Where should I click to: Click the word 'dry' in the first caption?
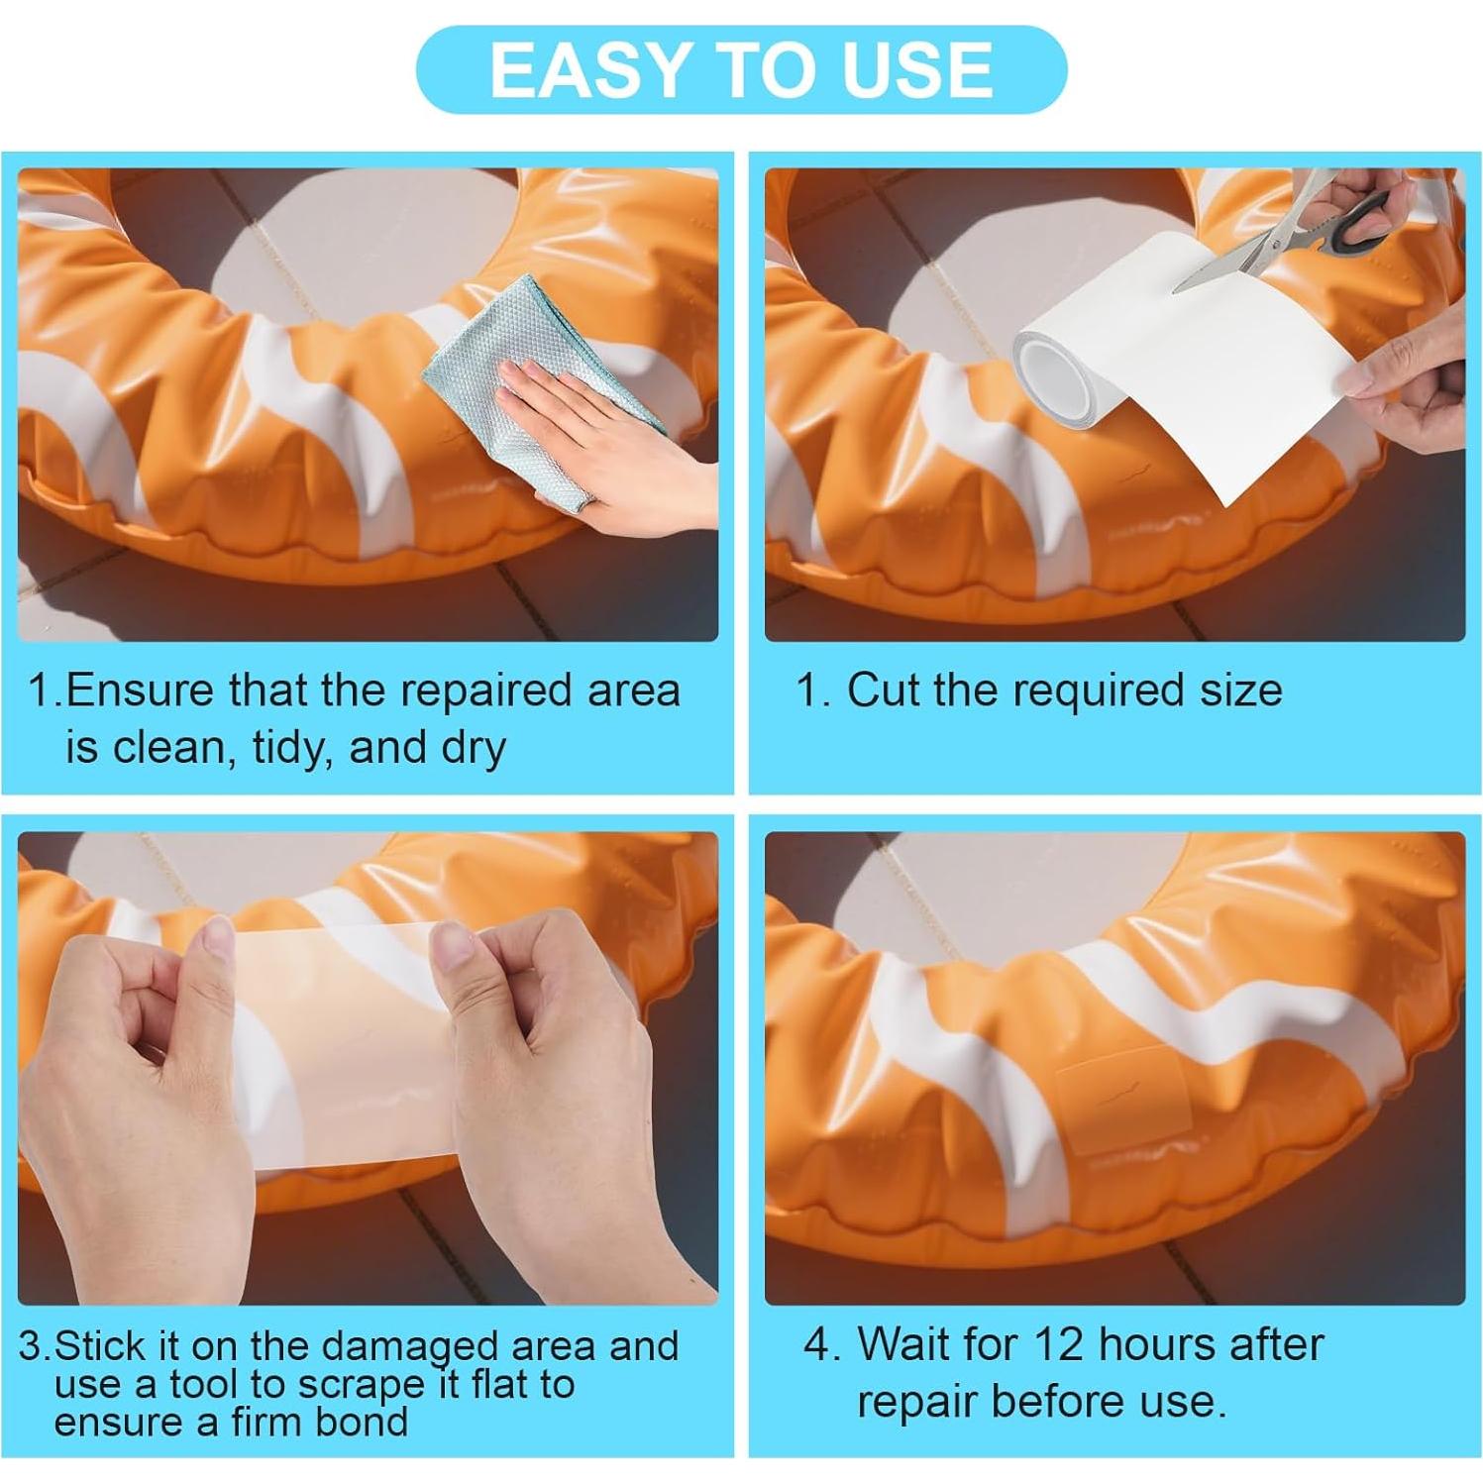click(474, 747)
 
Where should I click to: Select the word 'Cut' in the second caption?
click(883, 689)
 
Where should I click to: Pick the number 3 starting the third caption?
click(32, 1346)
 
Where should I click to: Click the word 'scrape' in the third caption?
click(361, 1384)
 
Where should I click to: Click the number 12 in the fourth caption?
click(1059, 1344)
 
